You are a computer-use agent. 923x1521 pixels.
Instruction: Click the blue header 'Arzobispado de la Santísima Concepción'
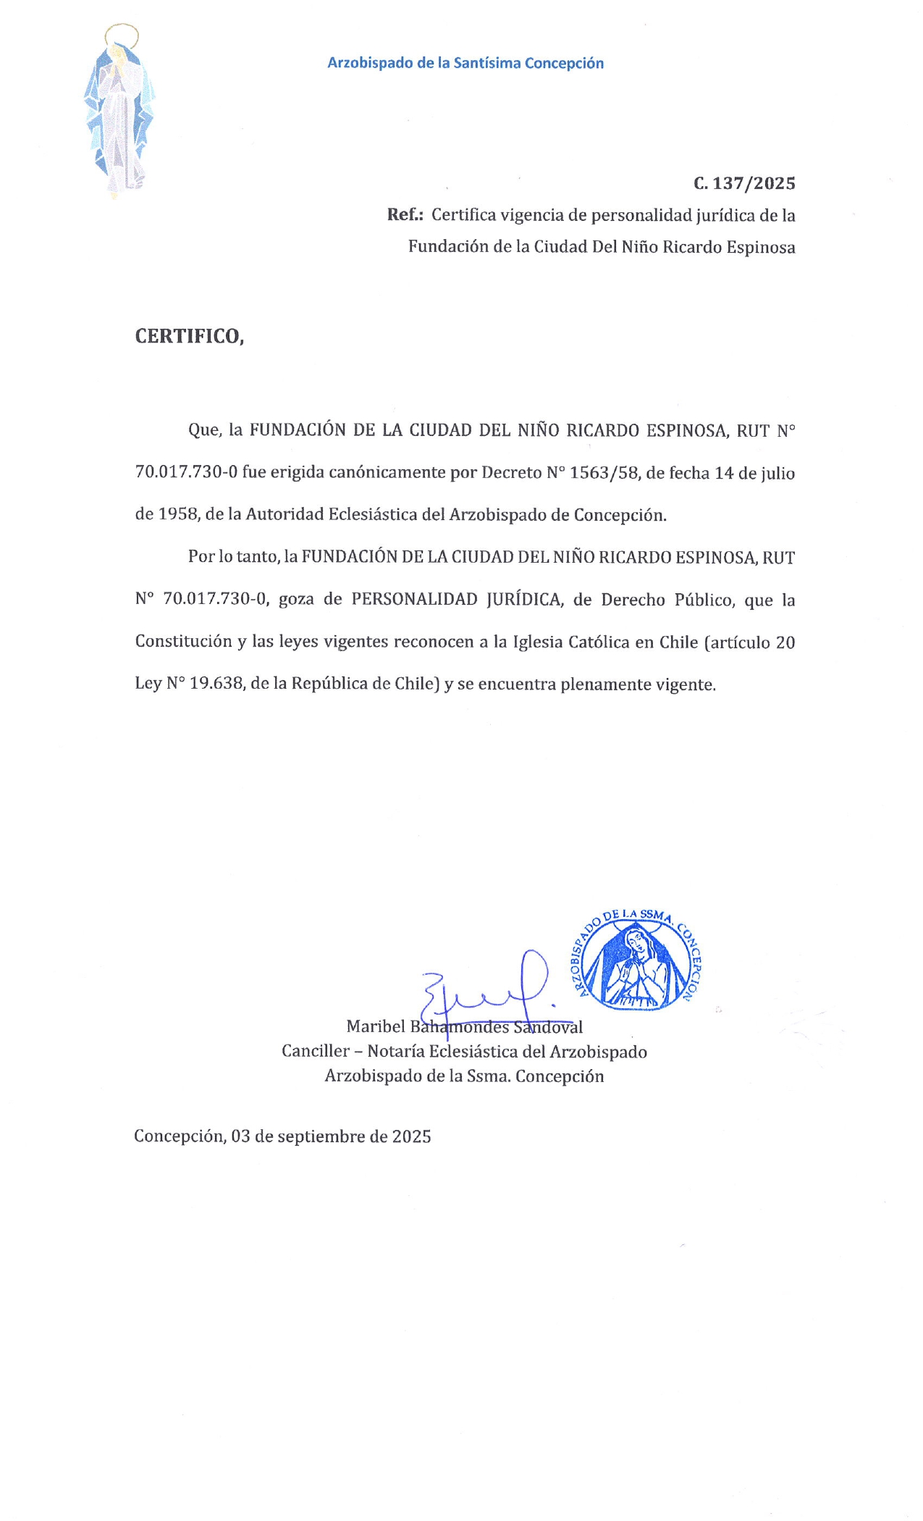[465, 63]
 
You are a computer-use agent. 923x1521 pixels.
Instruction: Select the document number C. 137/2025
[744, 183]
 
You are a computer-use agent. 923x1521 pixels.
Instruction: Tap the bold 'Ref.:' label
[405, 215]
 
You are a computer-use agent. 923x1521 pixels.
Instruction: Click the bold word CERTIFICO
[189, 336]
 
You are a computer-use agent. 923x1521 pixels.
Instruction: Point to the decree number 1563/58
[604, 473]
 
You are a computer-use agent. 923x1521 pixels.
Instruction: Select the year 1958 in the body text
[177, 515]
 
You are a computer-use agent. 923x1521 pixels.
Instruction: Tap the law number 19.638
[216, 684]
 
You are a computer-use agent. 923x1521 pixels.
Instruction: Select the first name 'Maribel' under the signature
[376, 1026]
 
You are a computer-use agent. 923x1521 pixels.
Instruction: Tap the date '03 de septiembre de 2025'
[331, 1136]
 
